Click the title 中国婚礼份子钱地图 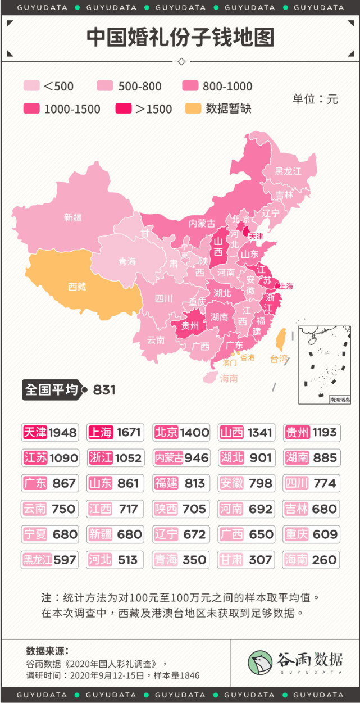(180, 38)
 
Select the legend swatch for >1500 (124, 109)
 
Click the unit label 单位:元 (315, 99)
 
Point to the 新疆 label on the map (73, 217)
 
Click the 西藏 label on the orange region (77, 287)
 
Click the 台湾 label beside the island (279, 359)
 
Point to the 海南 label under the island (229, 378)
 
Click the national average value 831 (104, 389)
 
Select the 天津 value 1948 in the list (62, 432)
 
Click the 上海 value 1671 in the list (128, 432)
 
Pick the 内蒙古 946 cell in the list (181, 458)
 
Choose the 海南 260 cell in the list (312, 560)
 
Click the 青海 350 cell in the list (181, 560)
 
